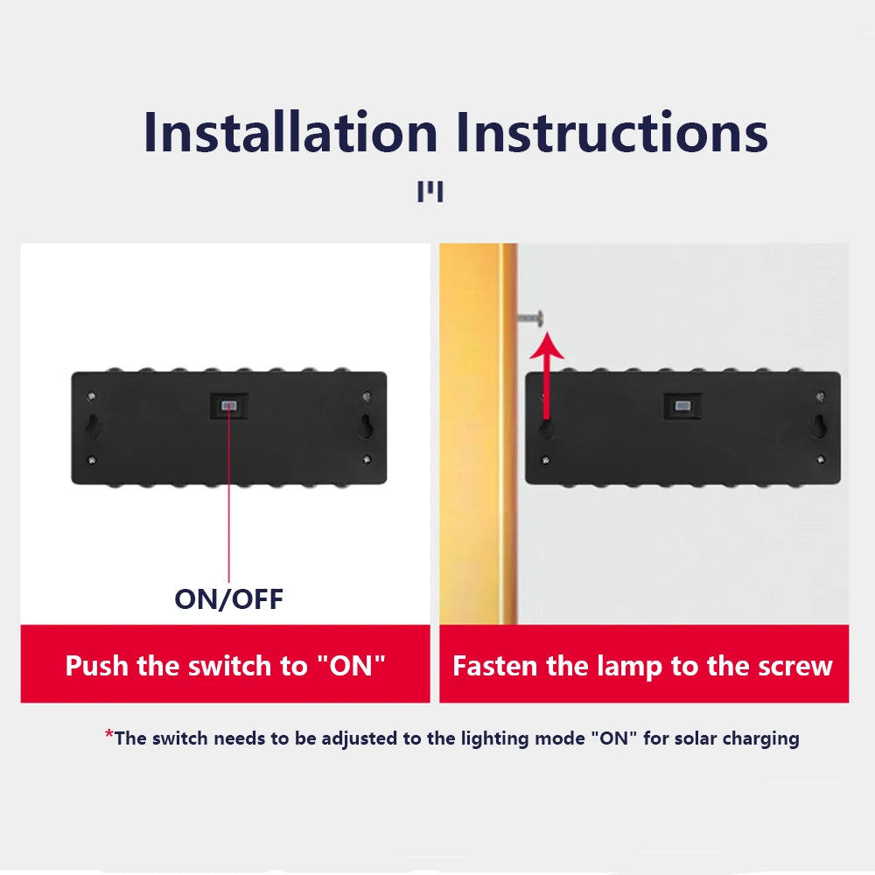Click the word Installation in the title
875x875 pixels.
290,132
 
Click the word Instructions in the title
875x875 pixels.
612,132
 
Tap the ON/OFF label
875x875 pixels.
228,599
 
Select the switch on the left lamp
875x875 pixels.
228,406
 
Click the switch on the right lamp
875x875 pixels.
682,406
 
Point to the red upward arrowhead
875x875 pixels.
547,345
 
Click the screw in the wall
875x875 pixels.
531,318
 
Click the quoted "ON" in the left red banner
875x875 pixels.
351,665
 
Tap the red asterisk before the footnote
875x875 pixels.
108,734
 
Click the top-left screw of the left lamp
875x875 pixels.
92,396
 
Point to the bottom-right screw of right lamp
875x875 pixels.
821,460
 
